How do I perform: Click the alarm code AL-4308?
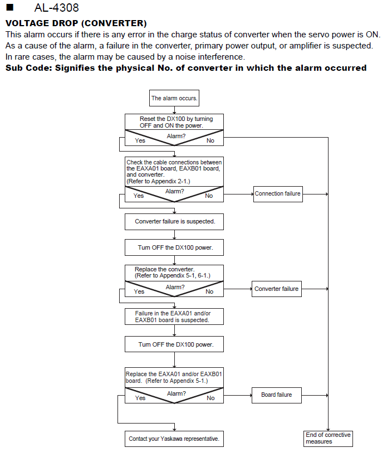click(x=56, y=8)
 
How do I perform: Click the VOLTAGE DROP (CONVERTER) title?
click(x=76, y=23)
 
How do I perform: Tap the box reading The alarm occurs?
click(x=174, y=98)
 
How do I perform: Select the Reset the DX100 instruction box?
click(x=174, y=122)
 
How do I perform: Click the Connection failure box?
click(x=278, y=194)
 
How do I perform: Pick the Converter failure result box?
click(x=277, y=289)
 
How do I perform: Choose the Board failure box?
click(x=277, y=395)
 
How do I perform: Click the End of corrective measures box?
click(x=328, y=439)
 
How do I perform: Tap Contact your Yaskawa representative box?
click(x=174, y=439)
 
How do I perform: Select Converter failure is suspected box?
click(x=174, y=222)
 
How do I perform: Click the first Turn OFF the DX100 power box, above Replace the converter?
click(x=174, y=247)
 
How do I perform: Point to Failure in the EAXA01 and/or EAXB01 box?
click(x=174, y=317)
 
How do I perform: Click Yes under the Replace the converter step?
click(x=139, y=291)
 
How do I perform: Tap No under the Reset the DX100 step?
click(x=210, y=140)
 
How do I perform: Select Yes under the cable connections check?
click(x=139, y=196)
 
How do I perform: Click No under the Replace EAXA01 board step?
click(x=210, y=398)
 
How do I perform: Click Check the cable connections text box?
click(x=174, y=172)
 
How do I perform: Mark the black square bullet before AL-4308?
click(x=10, y=7)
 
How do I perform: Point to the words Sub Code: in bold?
click(x=29, y=68)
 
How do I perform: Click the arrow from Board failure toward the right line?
click(x=315, y=395)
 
